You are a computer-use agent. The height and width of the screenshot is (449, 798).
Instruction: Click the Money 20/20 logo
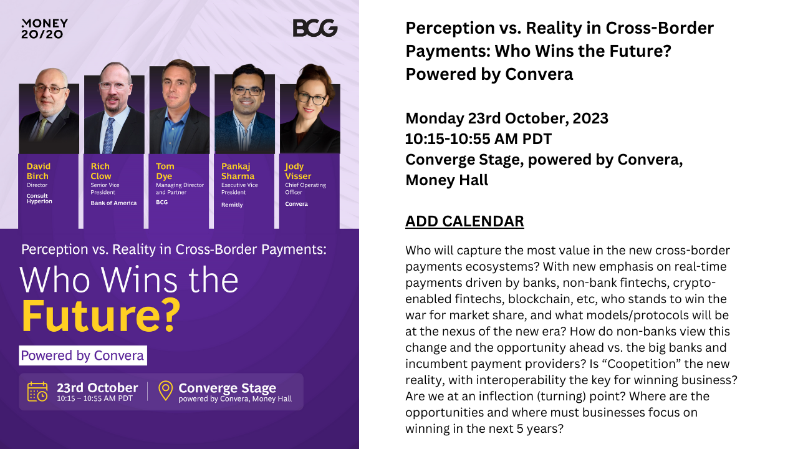tap(44, 29)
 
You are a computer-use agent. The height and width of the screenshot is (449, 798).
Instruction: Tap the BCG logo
tap(315, 28)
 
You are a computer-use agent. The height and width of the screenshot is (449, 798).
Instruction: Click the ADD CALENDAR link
tap(464, 221)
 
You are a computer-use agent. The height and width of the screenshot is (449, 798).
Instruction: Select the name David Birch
tap(39, 171)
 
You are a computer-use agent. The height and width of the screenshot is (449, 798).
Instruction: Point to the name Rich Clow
tap(101, 171)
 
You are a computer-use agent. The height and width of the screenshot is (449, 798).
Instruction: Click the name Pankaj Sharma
tap(238, 171)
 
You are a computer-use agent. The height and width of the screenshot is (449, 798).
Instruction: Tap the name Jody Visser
tap(298, 171)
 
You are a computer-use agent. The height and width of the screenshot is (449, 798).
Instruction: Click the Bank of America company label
tap(113, 203)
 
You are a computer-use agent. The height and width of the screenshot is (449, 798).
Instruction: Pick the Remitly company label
tap(232, 205)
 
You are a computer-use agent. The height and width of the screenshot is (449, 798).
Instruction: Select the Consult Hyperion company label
tap(39, 198)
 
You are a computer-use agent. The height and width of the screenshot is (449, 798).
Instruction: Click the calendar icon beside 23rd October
tap(37, 391)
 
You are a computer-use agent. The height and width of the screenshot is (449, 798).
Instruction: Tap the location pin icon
tap(166, 390)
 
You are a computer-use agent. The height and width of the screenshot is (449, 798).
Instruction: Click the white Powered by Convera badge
tap(83, 355)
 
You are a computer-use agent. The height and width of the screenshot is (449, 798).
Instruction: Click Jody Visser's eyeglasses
tap(312, 99)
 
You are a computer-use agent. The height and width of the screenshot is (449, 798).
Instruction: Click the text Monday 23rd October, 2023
tap(507, 118)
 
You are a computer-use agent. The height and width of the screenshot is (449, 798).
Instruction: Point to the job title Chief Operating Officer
tap(305, 188)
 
